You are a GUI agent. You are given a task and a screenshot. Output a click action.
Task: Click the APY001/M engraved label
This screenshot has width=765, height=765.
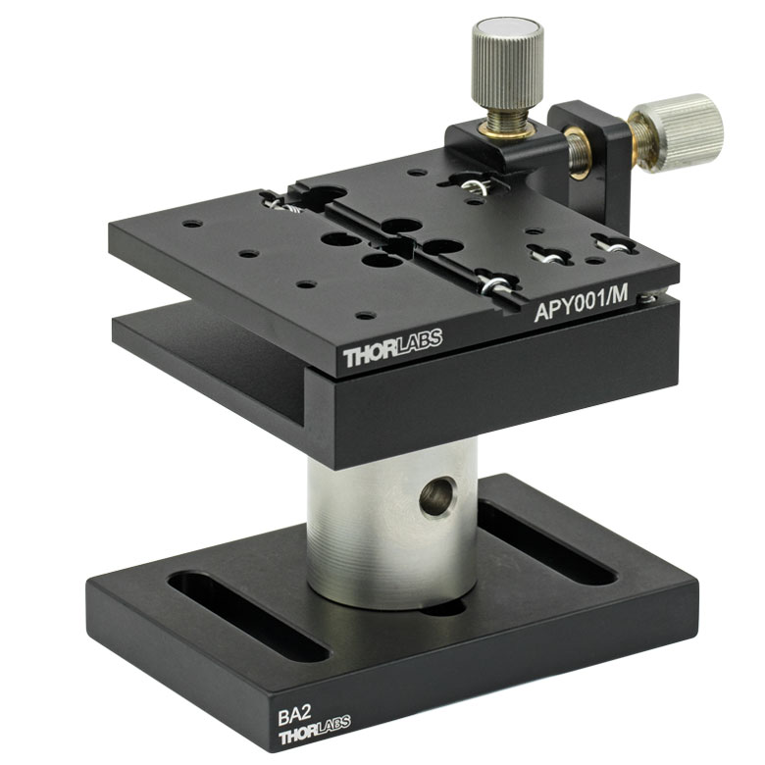click(x=581, y=305)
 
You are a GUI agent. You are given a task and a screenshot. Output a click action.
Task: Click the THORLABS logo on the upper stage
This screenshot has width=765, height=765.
click(x=392, y=347)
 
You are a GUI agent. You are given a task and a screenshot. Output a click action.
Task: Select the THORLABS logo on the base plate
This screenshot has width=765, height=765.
click(x=314, y=730)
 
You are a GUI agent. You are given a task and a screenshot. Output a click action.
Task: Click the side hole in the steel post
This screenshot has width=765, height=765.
click(x=438, y=496)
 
